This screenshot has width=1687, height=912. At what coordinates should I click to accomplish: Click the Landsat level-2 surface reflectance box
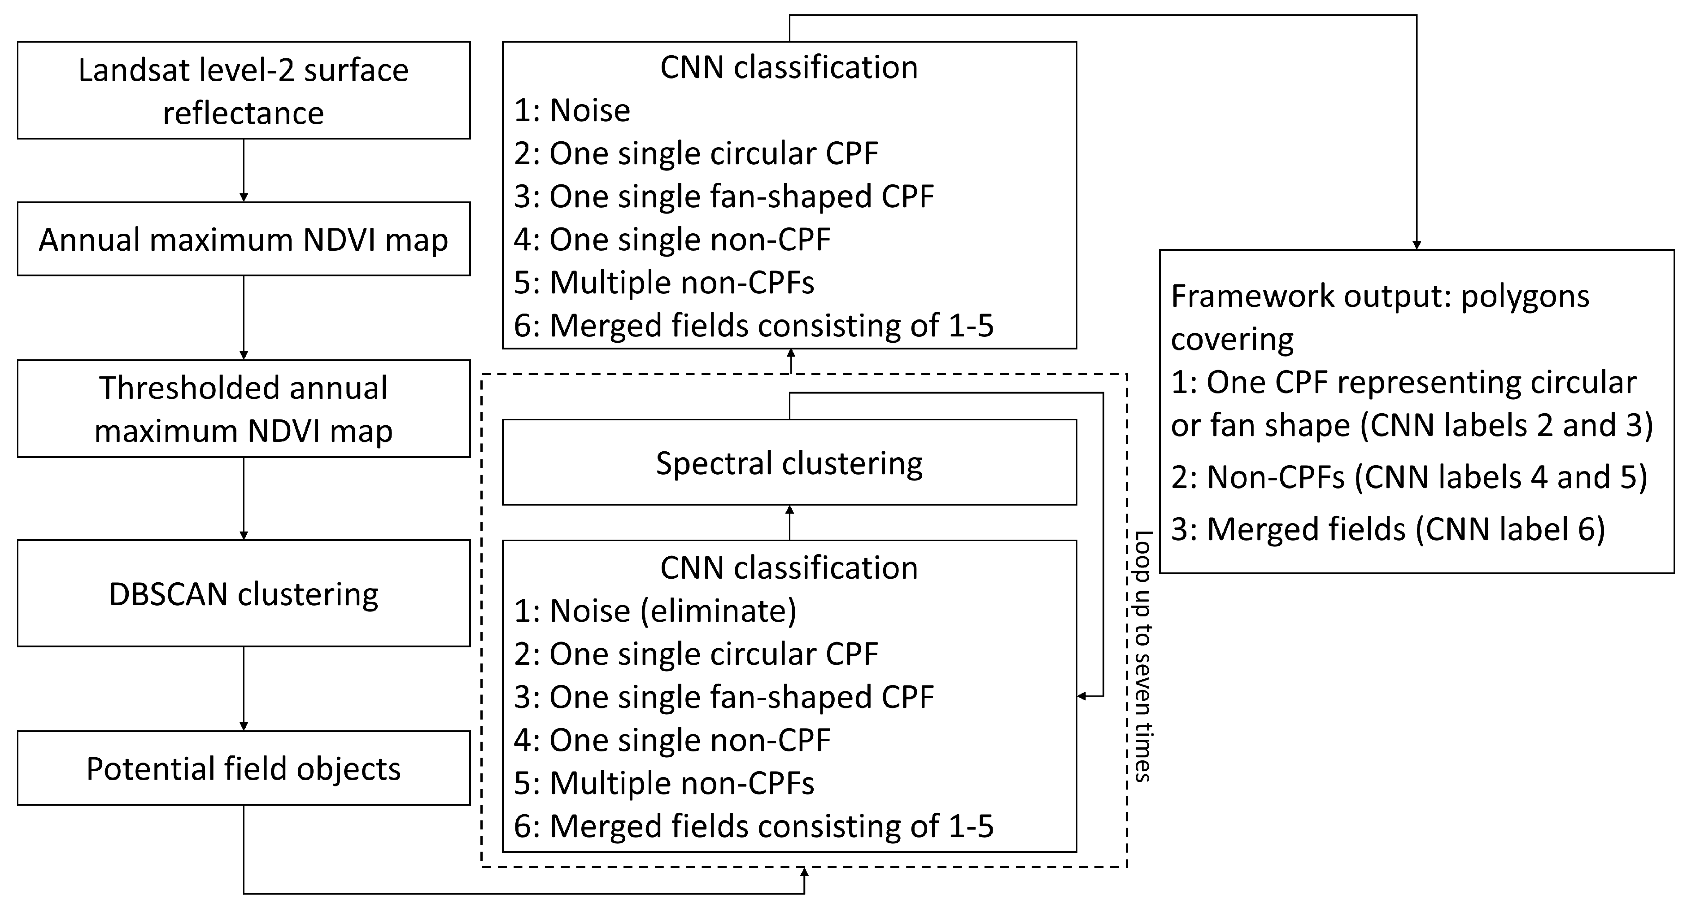243,91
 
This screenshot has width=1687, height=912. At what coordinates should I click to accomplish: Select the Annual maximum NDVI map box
243,239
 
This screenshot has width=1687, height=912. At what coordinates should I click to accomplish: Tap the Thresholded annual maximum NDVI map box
243,409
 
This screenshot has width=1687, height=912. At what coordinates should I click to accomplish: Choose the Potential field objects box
243,768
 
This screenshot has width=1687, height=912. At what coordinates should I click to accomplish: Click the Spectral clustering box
789,463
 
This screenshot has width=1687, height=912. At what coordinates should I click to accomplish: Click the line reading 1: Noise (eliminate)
655,611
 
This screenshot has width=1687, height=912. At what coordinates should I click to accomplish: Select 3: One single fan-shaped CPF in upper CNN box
724,196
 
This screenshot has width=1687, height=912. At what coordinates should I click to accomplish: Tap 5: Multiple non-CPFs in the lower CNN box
664,783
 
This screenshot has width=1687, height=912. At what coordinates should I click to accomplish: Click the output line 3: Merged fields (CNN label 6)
1388,529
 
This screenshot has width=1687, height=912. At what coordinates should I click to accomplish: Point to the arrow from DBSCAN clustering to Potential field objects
244,688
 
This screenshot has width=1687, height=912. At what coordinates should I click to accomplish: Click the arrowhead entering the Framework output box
1417,245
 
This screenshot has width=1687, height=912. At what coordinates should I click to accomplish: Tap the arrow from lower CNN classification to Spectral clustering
790,522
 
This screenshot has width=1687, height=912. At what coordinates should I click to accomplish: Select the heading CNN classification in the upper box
789,67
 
